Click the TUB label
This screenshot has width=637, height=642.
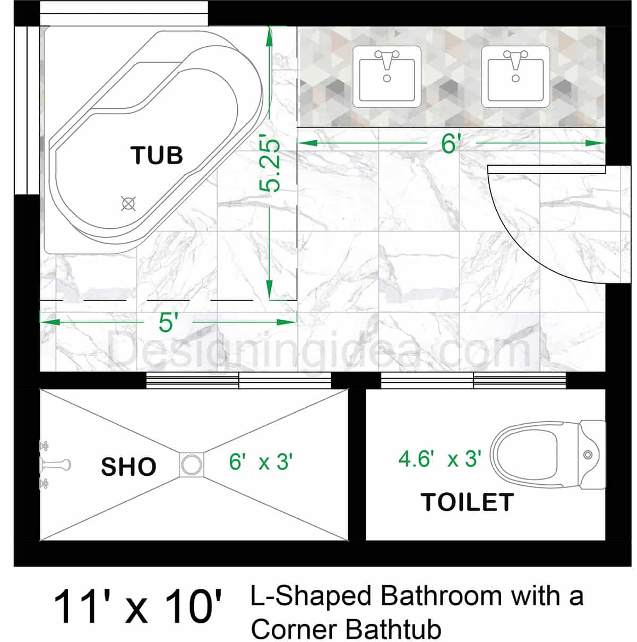pyautogui.click(x=157, y=156)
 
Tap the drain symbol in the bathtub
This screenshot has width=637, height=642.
pyautogui.click(x=128, y=203)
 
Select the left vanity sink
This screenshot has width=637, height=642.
pyautogui.click(x=387, y=76)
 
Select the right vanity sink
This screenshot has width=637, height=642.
pyautogui.click(x=515, y=76)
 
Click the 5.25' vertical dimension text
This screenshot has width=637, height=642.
pyautogui.click(x=271, y=165)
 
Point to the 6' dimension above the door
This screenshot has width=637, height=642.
pyautogui.click(x=450, y=143)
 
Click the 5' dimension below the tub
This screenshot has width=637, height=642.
pyautogui.click(x=167, y=322)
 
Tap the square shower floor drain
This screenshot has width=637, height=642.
pyautogui.click(x=191, y=464)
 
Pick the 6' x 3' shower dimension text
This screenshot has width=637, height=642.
pyautogui.click(x=261, y=462)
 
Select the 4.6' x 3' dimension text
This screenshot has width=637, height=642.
pyautogui.click(x=440, y=459)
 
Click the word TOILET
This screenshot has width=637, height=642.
pyautogui.click(x=467, y=502)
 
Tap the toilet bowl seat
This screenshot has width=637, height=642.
pyautogui.click(x=524, y=455)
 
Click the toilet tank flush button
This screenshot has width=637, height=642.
pyautogui.click(x=588, y=455)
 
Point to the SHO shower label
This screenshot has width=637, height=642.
pyautogui.click(x=128, y=467)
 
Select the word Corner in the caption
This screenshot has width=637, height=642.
pyautogui.click(x=295, y=630)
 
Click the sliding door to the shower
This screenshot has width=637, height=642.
pyautogui.click(x=238, y=381)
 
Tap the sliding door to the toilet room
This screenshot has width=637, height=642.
pyautogui.click(x=473, y=381)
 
